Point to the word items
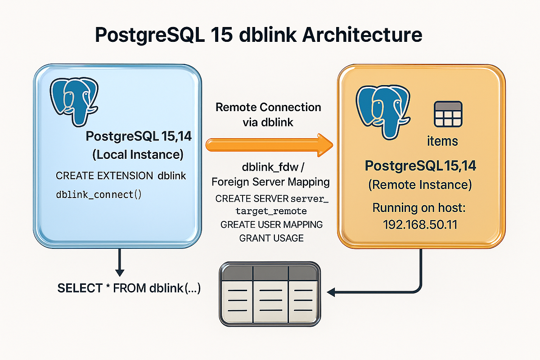coord(442,141)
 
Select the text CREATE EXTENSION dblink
coord(121,176)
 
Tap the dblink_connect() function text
coord(99,195)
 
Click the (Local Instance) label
coord(137,155)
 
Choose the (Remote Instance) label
coord(420,184)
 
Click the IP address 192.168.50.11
coord(420,224)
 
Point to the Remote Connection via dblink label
coord(268,114)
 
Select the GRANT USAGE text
coord(272,238)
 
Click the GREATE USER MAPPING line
coord(272,224)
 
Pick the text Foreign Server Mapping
coord(271,182)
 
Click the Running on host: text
coord(420,208)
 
